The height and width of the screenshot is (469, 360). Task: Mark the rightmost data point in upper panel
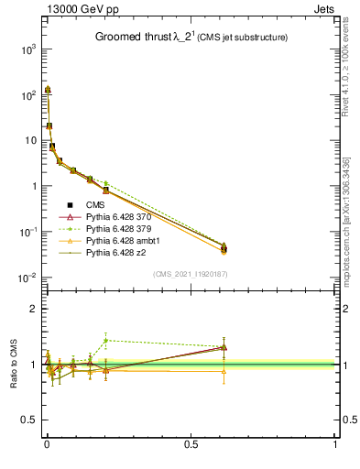[224, 248]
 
